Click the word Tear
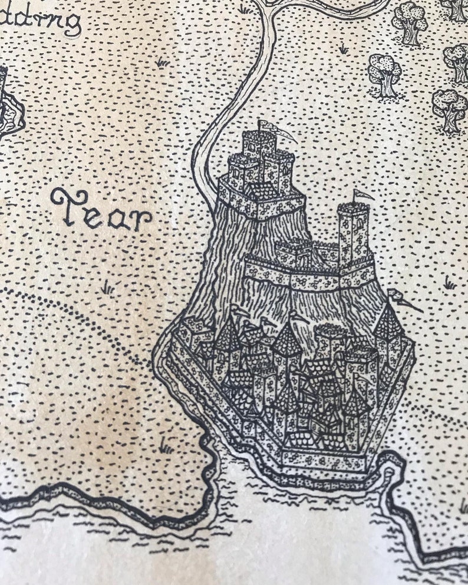tap(101, 211)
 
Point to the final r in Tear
tap(141, 219)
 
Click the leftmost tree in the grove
tap(384, 73)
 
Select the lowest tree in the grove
tap(449, 109)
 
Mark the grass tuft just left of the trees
tap(342, 49)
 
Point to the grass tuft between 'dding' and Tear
tap(162, 61)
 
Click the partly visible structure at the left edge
tap(9, 106)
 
